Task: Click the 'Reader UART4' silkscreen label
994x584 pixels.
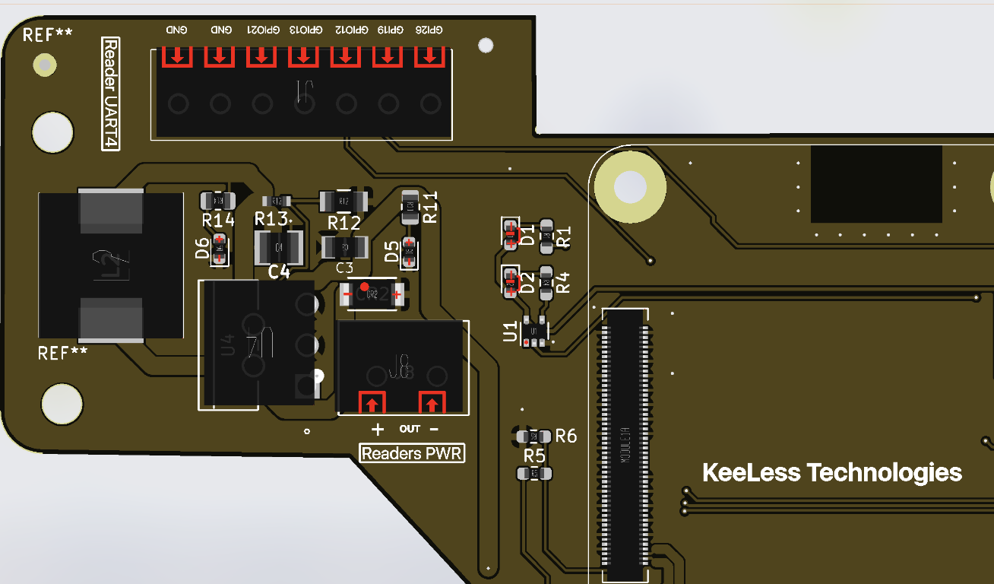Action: [111, 94]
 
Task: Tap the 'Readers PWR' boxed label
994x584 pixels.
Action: [412, 454]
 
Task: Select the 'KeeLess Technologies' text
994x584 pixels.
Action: [832, 472]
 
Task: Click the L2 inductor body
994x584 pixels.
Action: [110, 265]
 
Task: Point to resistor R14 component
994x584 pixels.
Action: [217, 201]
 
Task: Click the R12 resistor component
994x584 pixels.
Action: [343, 201]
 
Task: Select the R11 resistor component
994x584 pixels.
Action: [410, 205]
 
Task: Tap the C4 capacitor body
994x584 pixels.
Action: [279, 247]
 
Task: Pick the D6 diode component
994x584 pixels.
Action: [220, 249]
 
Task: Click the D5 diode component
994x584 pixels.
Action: [410, 252]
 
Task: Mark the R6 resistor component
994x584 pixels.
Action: [535, 436]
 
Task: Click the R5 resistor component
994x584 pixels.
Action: [534, 474]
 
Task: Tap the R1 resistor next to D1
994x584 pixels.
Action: [546, 236]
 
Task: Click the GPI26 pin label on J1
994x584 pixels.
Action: [429, 30]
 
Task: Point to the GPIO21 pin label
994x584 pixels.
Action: [261, 30]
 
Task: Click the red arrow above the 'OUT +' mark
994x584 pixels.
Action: [372, 401]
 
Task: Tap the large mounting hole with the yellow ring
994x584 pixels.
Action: [630, 186]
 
